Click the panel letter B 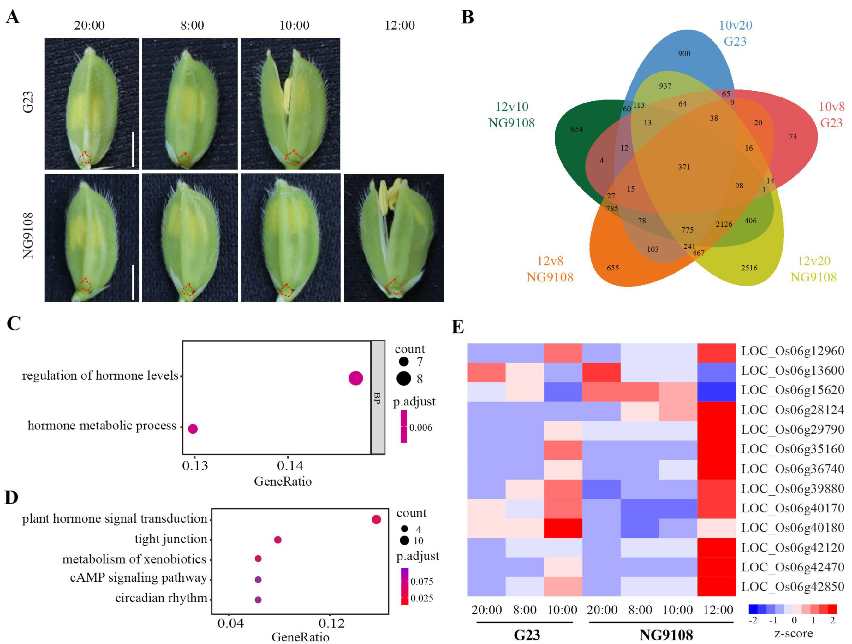(467, 18)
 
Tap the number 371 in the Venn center (684, 167)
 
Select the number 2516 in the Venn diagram (749, 268)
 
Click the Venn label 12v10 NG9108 (511, 115)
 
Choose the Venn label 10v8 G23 (831, 115)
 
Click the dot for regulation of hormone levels (355, 378)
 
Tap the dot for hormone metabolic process (193, 428)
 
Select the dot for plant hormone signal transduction (376, 520)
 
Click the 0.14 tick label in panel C (290, 466)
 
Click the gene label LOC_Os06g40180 (792, 528)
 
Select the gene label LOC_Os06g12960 (792, 351)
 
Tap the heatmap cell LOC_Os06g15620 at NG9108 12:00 (717, 392)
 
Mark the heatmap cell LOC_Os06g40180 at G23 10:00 (563, 528)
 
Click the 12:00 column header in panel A (400, 26)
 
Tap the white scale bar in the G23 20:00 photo (133, 149)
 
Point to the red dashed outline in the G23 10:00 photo (293, 157)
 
